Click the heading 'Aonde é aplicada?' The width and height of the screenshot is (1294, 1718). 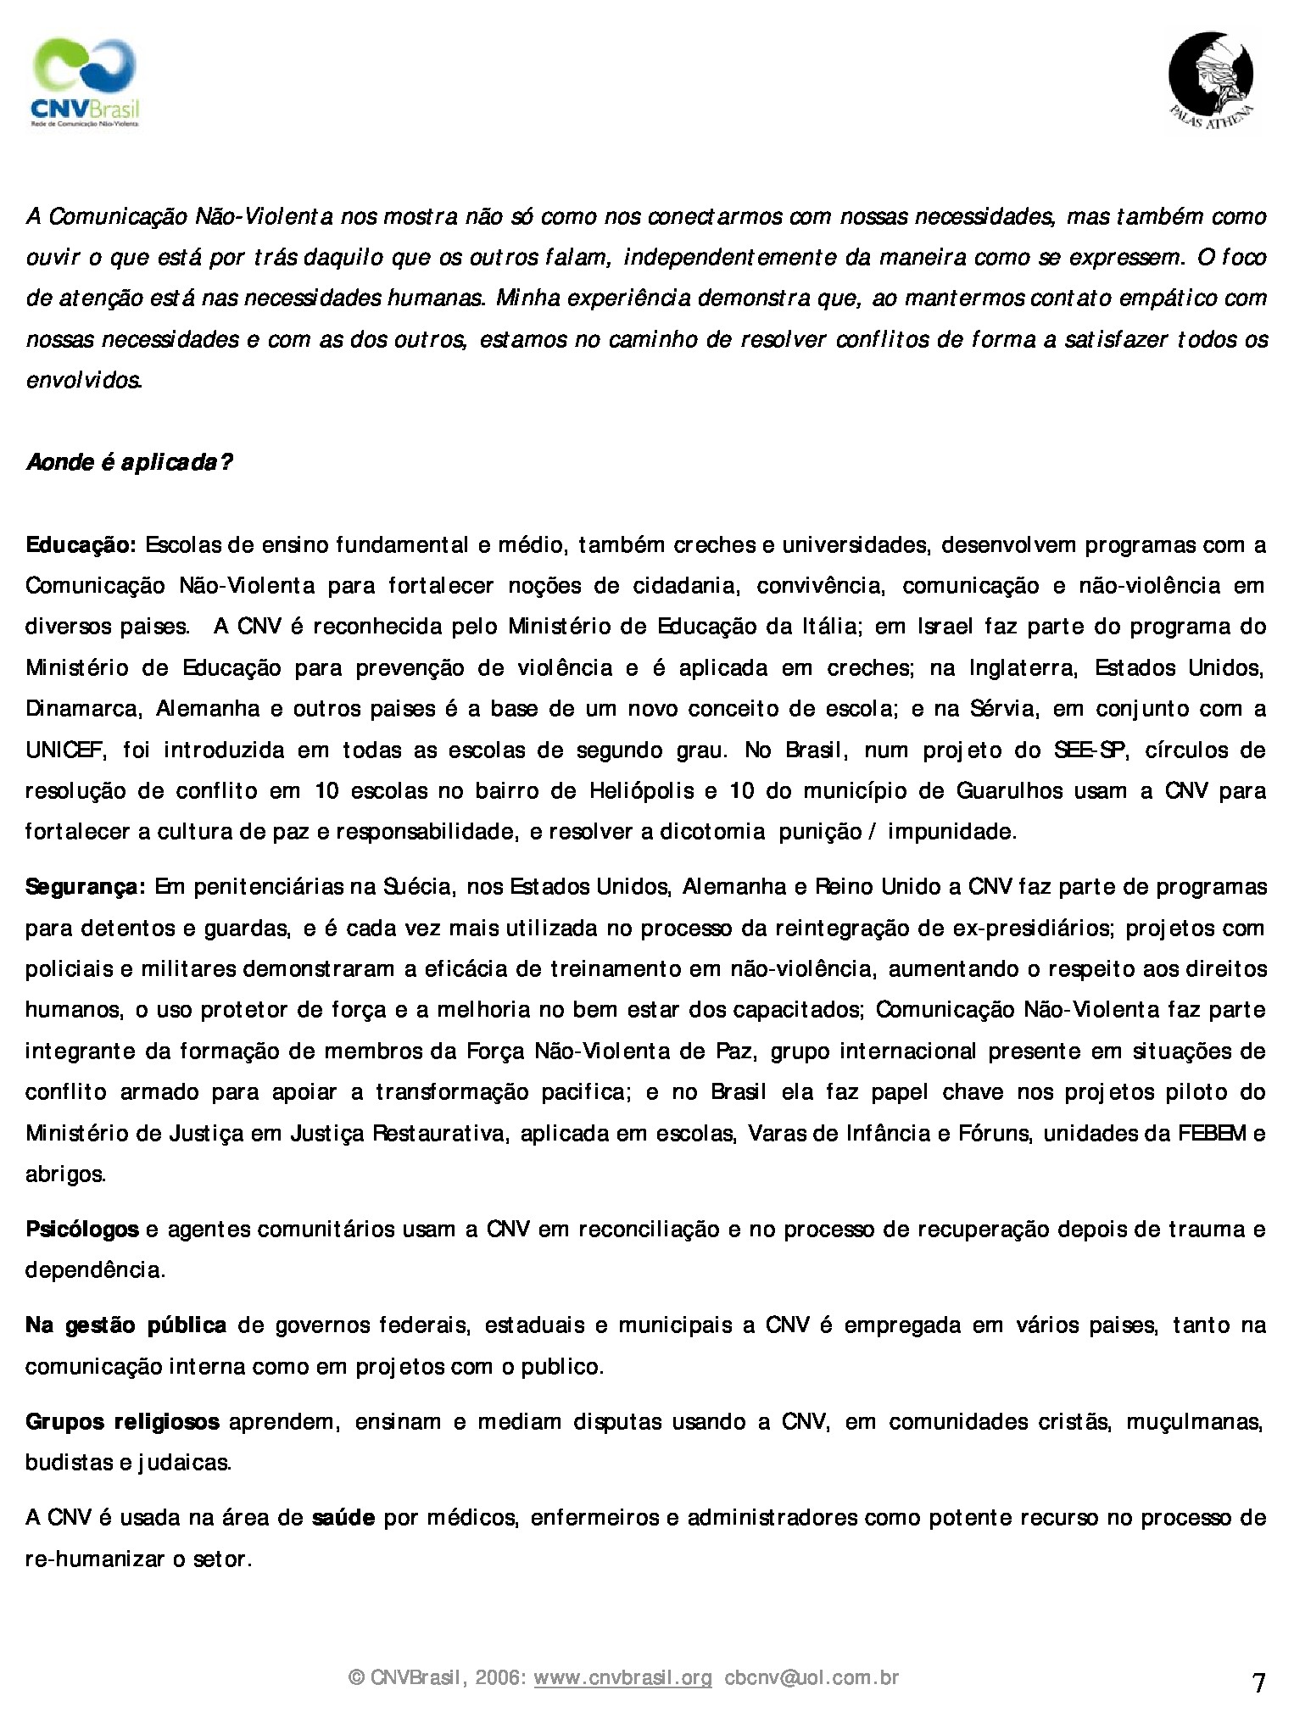point(129,462)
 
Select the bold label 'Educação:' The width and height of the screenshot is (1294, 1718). point(81,544)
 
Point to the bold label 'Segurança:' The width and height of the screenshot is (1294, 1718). point(86,887)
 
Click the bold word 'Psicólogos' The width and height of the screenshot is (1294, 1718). point(82,1229)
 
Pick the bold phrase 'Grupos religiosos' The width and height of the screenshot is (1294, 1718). point(123,1421)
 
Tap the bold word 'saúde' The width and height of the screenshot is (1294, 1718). point(343,1517)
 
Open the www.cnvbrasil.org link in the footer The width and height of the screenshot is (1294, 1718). point(622,1677)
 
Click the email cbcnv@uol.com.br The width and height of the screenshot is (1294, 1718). point(812,1677)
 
